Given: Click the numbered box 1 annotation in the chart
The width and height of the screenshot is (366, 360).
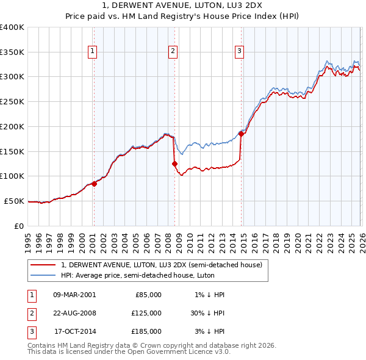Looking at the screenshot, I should point(92,51).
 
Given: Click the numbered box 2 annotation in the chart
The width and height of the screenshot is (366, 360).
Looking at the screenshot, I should point(173,51).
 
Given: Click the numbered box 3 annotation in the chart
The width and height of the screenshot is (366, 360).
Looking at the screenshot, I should point(239,51).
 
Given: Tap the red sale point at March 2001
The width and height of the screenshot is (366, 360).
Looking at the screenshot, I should point(94,183).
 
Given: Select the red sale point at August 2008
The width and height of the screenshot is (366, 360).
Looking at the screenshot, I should point(174,164).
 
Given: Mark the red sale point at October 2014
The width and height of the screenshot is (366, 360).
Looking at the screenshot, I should point(241,134).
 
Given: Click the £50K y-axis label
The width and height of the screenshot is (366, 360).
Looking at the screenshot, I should point(14,201).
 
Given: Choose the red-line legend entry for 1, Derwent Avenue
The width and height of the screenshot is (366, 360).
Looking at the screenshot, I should point(161,265).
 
